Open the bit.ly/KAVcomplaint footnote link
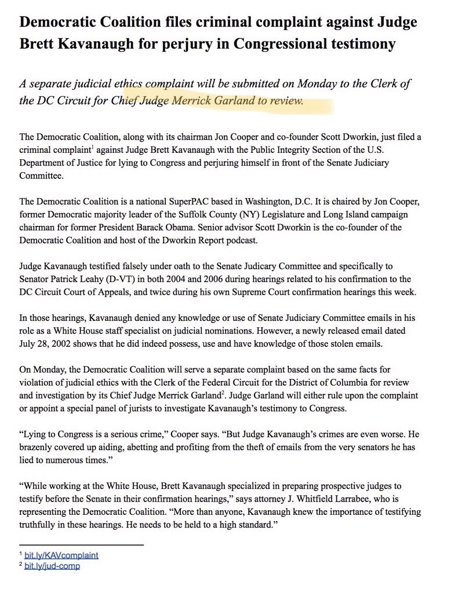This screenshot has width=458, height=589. pyautogui.click(x=61, y=555)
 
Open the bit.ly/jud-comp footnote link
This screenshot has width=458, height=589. pyautogui.click(x=52, y=565)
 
